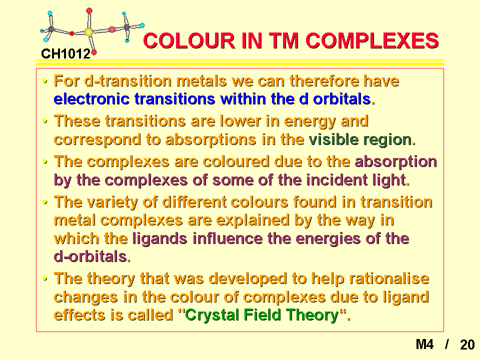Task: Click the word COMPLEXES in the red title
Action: (x=372, y=40)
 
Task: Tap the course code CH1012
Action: (x=66, y=54)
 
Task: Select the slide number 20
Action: (x=467, y=344)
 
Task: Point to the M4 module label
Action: (x=424, y=344)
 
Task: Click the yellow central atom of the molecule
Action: (x=89, y=32)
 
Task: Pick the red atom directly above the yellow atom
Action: (x=89, y=11)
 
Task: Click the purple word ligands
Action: (x=160, y=239)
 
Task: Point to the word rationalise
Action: (x=389, y=278)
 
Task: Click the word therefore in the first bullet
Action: (x=324, y=81)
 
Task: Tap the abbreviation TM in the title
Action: (x=283, y=40)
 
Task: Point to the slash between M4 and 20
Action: (x=447, y=344)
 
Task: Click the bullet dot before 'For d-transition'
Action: (x=45, y=81)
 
